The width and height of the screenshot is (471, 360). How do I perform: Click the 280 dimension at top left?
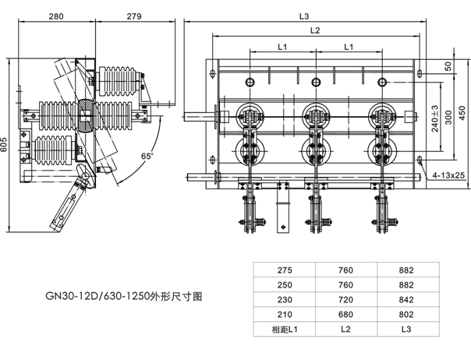[56, 16]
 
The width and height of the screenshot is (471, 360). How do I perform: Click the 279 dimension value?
[133, 16]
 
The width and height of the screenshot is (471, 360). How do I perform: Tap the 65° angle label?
[146, 156]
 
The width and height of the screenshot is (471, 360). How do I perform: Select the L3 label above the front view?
[304, 16]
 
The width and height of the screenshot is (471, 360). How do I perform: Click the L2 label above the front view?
[315, 30]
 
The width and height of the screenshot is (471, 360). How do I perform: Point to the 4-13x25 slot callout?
[448, 176]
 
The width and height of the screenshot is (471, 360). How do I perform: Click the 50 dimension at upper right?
[448, 65]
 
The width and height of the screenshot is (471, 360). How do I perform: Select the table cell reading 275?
[285, 270]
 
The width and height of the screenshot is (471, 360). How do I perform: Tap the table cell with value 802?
[405, 315]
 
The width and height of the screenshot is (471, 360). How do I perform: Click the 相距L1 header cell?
[285, 330]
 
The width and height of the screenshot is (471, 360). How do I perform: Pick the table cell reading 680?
[345, 315]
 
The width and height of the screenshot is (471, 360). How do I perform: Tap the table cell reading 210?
[285, 315]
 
